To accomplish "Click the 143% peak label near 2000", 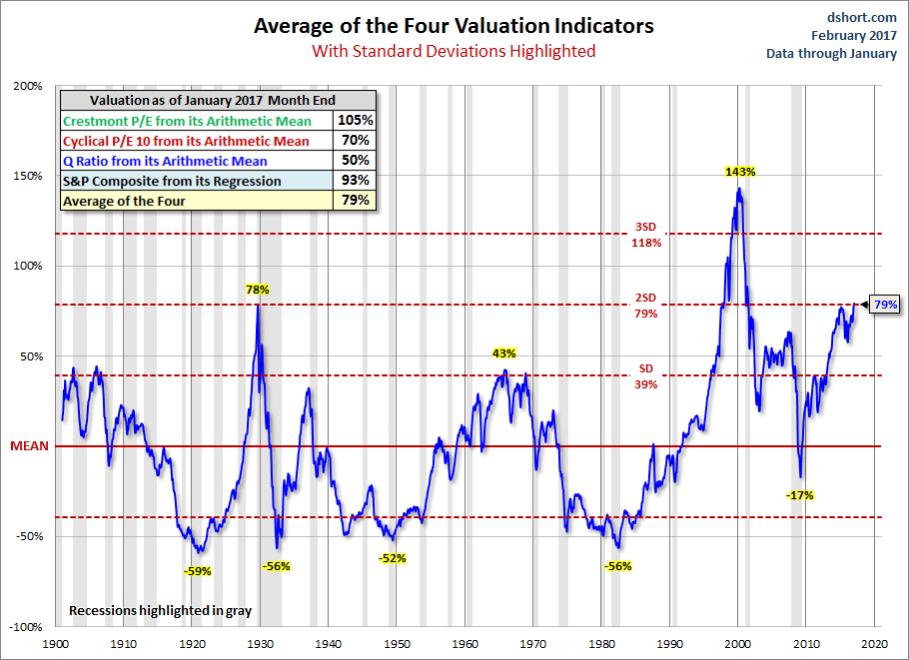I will [x=740, y=172].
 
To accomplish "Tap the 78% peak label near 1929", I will [x=259, y=290].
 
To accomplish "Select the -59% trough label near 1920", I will [x=198, y=571].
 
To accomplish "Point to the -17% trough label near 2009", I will [x=801, y=495].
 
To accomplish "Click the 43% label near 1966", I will [x=504, y=353].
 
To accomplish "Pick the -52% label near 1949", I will [x=393, y=558].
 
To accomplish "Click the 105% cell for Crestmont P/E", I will [x=356, y=120].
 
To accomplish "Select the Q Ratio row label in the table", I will [x=165, y=160].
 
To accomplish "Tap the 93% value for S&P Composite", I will [x=356, y=180].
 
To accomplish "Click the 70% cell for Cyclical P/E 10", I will [x=356, y=140].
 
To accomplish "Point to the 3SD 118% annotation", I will [x=646, y=234].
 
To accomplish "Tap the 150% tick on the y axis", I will [x=26, y=176].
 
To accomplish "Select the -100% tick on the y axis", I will [x=24, y=626].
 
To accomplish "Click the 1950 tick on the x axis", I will [x=397, y=645].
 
